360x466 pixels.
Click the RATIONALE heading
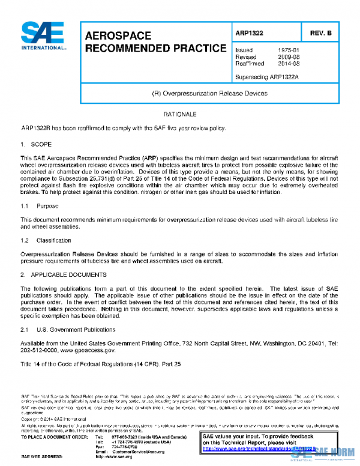click(179, 114)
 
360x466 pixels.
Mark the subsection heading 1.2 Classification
click(46, 240)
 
